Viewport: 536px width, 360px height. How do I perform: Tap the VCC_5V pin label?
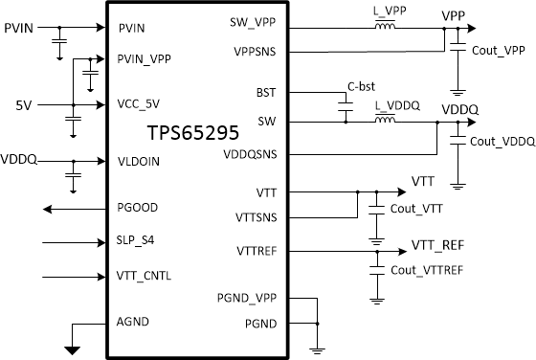(x=140, y=103)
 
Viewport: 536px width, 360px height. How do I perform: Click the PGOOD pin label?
(x=138, y=208)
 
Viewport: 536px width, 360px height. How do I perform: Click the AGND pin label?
(x=134, y=322)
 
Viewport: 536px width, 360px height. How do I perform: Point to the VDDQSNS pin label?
(x=250, y=154)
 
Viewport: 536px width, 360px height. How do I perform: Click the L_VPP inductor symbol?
(x=385, y=28)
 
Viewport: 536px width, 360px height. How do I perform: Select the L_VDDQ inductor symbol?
(x=385, y=122)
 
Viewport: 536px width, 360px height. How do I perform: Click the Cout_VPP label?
(x=499, y=49)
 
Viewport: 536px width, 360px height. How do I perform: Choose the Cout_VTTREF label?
(x=427, y=271)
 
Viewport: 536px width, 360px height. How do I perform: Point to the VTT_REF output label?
(x=437, y=245)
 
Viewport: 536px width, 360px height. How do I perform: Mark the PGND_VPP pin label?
(x=246, y=300)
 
